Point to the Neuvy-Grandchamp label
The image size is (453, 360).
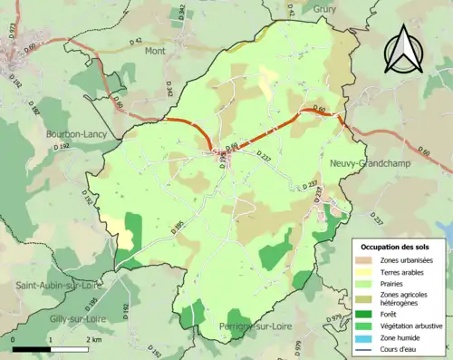(367, 163)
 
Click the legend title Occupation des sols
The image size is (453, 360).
(396, 247)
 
